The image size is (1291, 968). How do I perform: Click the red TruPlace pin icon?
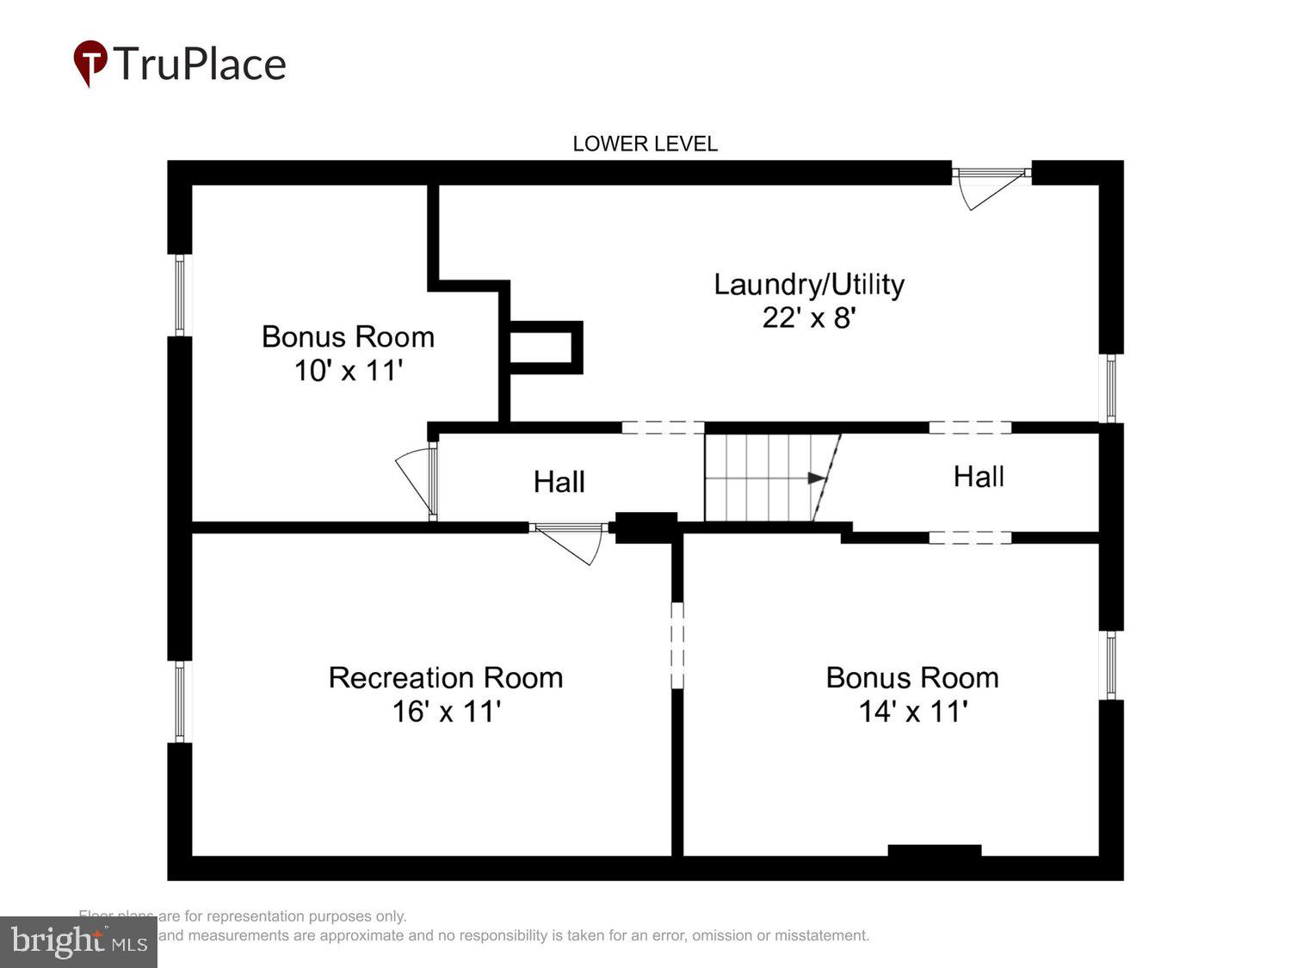click(90, 63)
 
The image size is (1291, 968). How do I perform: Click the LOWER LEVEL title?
click(645, 144)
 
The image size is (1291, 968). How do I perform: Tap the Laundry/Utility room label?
click(809, 284)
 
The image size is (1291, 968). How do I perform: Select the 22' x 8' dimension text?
click(808, 318)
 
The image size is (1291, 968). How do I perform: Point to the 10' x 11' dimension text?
click(349, 371)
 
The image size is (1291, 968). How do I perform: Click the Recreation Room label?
click(446, 678)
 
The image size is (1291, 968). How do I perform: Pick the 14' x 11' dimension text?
click(912, 712)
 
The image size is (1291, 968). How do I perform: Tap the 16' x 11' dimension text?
click(446, 712)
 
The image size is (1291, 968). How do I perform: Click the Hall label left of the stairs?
click(559, 482)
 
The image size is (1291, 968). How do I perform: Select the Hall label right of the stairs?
click(979, 477)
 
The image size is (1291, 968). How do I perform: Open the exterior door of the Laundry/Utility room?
click(991, 186)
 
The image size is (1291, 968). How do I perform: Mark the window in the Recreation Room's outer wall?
click(180, 701)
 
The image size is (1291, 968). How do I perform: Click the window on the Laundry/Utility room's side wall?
click(1110, 388)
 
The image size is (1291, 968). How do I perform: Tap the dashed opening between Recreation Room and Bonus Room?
click(677, 645)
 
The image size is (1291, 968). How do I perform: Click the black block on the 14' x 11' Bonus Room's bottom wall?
click(934, 851)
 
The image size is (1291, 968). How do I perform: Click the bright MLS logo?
click(78, 941)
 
